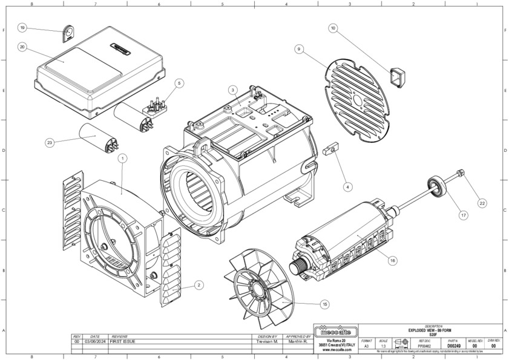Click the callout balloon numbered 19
coord(22,28)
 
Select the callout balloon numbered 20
coord(22,46)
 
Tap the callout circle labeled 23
coord(50,143)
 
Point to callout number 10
coord(333,28)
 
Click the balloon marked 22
coord(482,203)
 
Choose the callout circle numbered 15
coord(325,304)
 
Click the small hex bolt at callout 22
coord(462,174)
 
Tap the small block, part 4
coord(330,149)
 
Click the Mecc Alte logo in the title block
coord(337,332)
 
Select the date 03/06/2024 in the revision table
coord(95,342)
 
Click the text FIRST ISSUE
coord(124,342)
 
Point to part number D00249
coord(453,346)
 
